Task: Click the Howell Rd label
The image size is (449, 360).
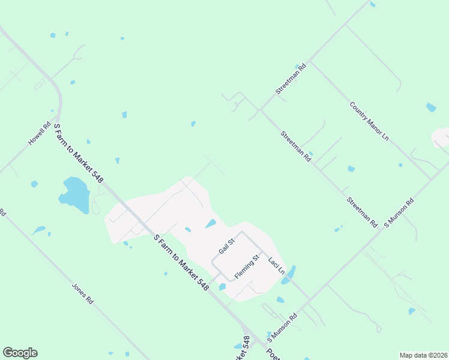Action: [x=40, y=134]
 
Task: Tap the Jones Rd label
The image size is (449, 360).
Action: [x=83, y=293]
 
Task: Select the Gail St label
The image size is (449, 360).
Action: [x=226, y=246]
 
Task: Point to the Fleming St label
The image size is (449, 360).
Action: [x=246, y=267]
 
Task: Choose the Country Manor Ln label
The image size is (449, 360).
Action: [x=369, y=121]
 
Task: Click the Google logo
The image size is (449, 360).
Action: [x=20, y=353]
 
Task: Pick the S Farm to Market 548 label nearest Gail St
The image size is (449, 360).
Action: [x=181, y=263]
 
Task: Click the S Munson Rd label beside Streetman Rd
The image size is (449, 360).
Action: [x=399, y=213]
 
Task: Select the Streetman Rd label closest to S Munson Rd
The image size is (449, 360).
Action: [x=361, y=211]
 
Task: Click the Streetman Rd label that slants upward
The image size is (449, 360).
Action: [x=291, y=79]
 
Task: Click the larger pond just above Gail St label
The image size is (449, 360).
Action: [x=211, y=224]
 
